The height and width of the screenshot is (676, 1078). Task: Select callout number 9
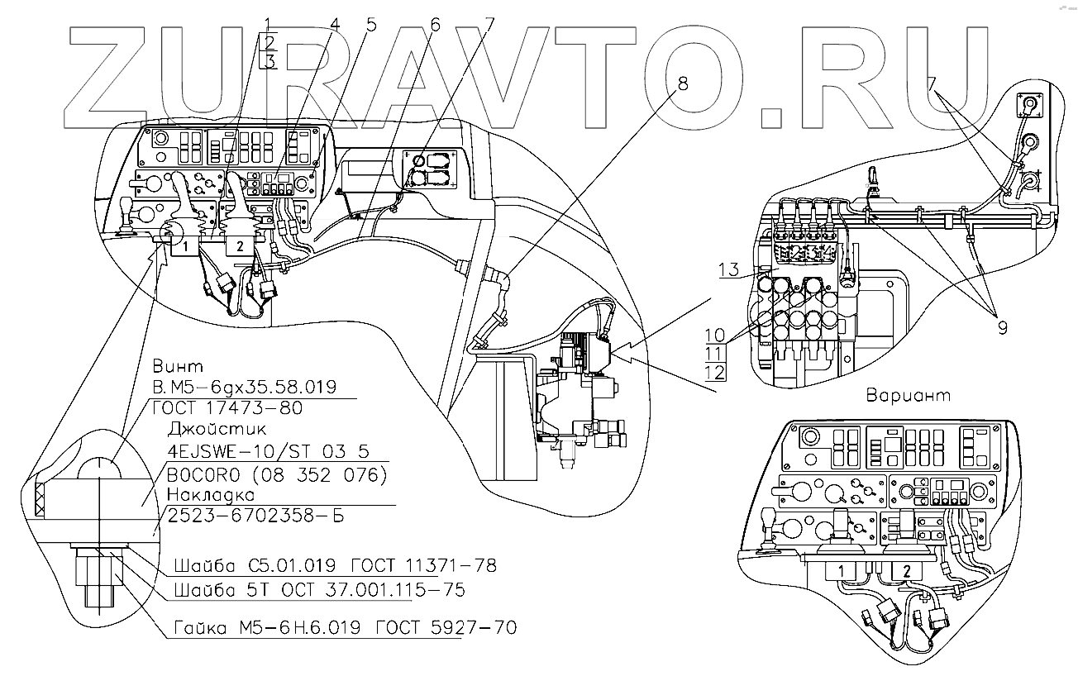click(x=1002, y=327)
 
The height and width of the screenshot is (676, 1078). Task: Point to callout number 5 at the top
click(x=370, y=24)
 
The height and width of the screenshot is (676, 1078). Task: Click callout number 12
click(x=716, y=372)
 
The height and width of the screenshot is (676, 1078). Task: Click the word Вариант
click(x=908, y=395)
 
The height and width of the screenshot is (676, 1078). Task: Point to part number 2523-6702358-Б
click(x=255, y=517)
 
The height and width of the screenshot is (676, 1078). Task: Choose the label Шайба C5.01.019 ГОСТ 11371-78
click(x=335, y=567)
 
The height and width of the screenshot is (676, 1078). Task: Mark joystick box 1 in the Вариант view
click(x=840, y=571)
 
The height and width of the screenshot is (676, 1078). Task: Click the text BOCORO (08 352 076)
click(x=277, y=474)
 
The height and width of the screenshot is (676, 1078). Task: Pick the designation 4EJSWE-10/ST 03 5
click(x=267, y=452)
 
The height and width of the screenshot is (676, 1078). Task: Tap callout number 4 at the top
click(x=335, y=24)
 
